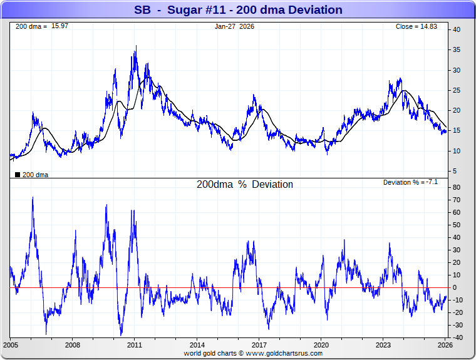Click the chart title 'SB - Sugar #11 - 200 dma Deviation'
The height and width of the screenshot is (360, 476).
pos(238,9)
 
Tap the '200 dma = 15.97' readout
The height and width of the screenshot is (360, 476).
pos(32,26)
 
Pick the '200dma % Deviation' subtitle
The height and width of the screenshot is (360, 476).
pos(245,185)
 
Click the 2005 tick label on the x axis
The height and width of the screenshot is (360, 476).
pos(11,345)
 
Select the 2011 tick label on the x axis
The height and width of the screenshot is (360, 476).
pos(135,345)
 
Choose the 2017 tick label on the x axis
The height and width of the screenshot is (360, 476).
pos(259,345)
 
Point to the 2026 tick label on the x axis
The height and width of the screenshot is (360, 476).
pos(445,345)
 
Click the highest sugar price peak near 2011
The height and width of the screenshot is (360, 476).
pos(136,46)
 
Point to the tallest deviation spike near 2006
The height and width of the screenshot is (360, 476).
pos(33,198)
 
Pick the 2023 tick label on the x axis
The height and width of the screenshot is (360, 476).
pos(383,345)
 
